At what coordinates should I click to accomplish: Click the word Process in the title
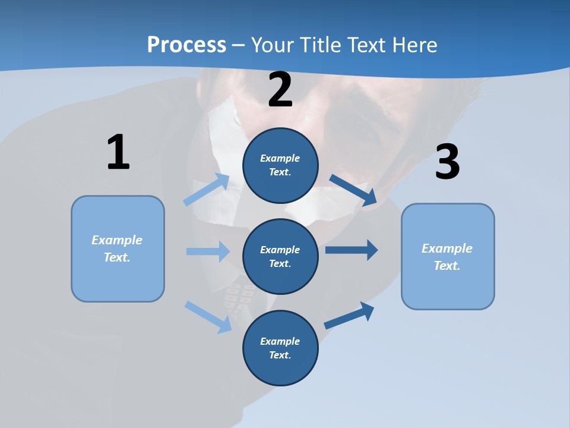[x=186, y=45]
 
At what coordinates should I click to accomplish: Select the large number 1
[x=118, y=152]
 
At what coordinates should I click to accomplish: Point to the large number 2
[x=280, y=90]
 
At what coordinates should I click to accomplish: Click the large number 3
[x=447, y=162]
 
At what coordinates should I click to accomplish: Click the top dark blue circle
[x=280, y=165]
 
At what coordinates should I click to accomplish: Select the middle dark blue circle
[x=280, y=256]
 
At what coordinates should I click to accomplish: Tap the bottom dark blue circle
[x=280, y=348]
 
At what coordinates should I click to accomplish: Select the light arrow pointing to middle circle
[x=208, y=251]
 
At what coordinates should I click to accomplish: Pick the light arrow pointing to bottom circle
[x=208, y=317]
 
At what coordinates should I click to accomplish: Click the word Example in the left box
[x=117, y=240]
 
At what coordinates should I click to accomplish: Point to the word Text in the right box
[x=447, y=266]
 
